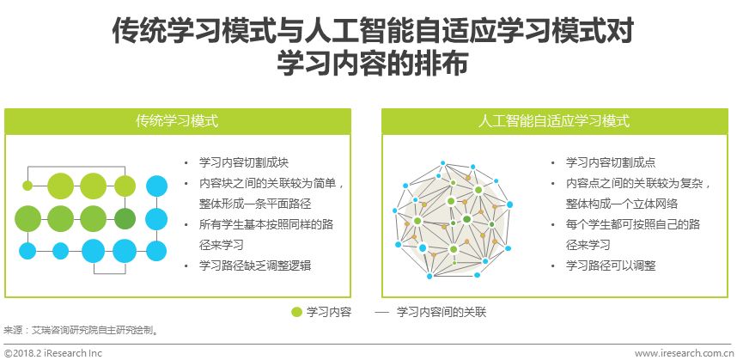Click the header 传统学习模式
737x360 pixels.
click(177, 121)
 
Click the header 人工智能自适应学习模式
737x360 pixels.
click(554, 121)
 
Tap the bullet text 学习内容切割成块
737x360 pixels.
click(243, 162)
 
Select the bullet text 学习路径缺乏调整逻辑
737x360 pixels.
click(255, 265)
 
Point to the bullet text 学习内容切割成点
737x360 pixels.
click(611, 162)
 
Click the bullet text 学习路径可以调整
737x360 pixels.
click(611, 265)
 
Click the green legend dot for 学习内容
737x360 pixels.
click(296, 312)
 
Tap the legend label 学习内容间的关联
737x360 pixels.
click(442, 312)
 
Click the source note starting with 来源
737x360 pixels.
click(81, 331)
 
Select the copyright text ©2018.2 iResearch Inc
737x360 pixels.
click(52, 353)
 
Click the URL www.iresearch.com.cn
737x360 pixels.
click(684, 353)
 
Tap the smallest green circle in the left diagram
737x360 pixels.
click(27, 186)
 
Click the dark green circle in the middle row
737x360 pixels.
click(125, 219)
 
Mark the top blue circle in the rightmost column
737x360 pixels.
click(156, 186)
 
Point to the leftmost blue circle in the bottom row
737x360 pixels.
click(27, 251)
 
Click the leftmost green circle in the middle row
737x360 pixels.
click(27, 219)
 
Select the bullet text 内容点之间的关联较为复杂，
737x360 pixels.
click(638, 183)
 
